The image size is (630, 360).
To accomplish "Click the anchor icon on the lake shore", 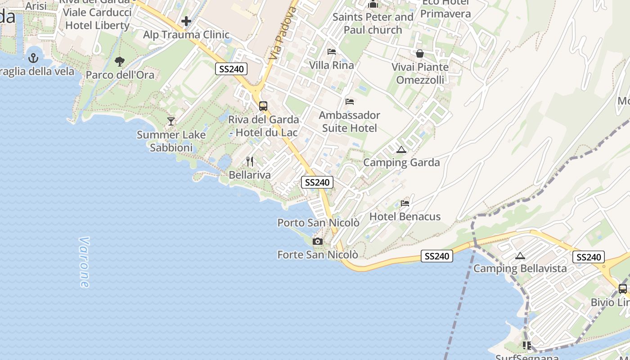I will (x=33, y=58).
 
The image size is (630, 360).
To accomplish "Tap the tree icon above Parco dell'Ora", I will (x=119, y=61).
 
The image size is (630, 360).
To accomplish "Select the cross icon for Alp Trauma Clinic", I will (x=186, y=21).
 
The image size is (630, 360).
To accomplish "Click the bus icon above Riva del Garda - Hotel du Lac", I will (x=263, y=106).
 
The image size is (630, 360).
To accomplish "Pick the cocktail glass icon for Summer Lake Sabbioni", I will (x=171, y=121).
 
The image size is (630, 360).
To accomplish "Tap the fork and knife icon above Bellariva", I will (x=250, y=162).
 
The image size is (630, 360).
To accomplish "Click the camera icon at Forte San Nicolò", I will (x=318, y=242).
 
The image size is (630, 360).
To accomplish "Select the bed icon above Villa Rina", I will (x=332, y=52).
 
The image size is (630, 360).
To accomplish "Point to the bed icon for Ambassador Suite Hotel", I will (x=350, y=102).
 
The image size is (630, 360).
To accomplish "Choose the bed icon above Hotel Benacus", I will (x=405, y=203).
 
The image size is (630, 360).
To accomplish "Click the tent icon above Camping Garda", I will (x=401, y=149).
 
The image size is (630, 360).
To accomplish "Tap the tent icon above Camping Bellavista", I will (x=520, y=256).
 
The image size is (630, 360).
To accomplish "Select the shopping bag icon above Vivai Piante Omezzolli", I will (x=420, y=54).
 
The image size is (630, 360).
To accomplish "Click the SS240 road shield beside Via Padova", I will (x=231, y=69).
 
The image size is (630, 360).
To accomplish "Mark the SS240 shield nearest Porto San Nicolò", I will (x=317, y=182).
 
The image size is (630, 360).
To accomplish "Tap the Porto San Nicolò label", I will (x=318, y=223).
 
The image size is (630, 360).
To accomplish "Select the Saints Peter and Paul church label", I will (x=373, y=23).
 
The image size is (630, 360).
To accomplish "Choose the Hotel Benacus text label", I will (x=405, y=217).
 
